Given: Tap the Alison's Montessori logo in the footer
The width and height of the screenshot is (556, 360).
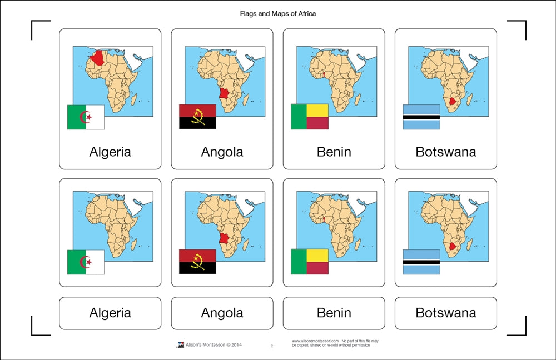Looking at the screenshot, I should point(180,346).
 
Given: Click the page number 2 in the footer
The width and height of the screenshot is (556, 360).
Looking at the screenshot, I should point(272,346).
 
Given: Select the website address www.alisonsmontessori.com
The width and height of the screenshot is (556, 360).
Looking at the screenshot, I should point(315,341).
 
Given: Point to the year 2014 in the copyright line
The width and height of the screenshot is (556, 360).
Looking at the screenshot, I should point(236,346).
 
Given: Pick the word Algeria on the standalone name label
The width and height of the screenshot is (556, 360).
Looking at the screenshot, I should point(110,313).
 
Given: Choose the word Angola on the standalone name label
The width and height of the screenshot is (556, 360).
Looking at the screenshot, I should point(222,313).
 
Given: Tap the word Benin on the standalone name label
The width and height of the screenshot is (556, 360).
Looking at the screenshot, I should point(334,313).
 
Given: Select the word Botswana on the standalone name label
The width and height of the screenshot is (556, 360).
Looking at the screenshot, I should point(445,313).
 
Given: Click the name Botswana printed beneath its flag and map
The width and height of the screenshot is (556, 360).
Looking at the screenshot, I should point(445,152).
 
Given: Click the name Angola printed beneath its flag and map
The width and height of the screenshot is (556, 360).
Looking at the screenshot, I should point(222,152).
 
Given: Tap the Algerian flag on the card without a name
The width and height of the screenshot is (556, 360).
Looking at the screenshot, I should point(86,262).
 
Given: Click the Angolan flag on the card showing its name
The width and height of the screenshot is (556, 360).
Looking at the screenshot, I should point(197,117).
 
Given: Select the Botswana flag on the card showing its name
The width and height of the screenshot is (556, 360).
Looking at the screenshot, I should point(421,117).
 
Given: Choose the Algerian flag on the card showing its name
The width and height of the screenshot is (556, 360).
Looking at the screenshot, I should point(86,117).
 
